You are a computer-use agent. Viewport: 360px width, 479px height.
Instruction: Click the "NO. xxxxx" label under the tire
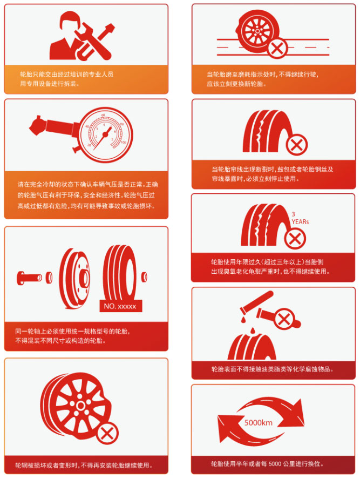120,306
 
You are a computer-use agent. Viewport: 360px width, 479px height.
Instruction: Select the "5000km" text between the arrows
258,422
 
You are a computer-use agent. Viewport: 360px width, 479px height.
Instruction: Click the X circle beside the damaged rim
107,433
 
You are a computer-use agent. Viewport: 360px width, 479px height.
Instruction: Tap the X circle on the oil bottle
284,320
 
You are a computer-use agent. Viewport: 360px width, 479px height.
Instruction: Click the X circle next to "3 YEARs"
295,239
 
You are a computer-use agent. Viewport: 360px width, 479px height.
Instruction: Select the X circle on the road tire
277,48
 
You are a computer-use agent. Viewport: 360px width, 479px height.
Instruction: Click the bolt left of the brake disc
29,278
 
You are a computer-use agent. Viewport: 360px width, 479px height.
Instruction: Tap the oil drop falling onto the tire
253,331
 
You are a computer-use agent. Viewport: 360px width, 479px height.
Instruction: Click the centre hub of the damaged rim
80,406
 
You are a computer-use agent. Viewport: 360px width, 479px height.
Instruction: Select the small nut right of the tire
144,277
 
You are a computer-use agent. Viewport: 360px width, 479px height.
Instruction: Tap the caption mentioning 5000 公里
267,464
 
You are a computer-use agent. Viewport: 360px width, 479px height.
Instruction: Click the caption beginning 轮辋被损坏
84,465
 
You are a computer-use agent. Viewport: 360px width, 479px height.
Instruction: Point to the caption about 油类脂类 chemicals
272,369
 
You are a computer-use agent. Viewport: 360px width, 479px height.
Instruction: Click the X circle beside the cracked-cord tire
296,145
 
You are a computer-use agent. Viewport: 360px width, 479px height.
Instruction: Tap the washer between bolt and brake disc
49,278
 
